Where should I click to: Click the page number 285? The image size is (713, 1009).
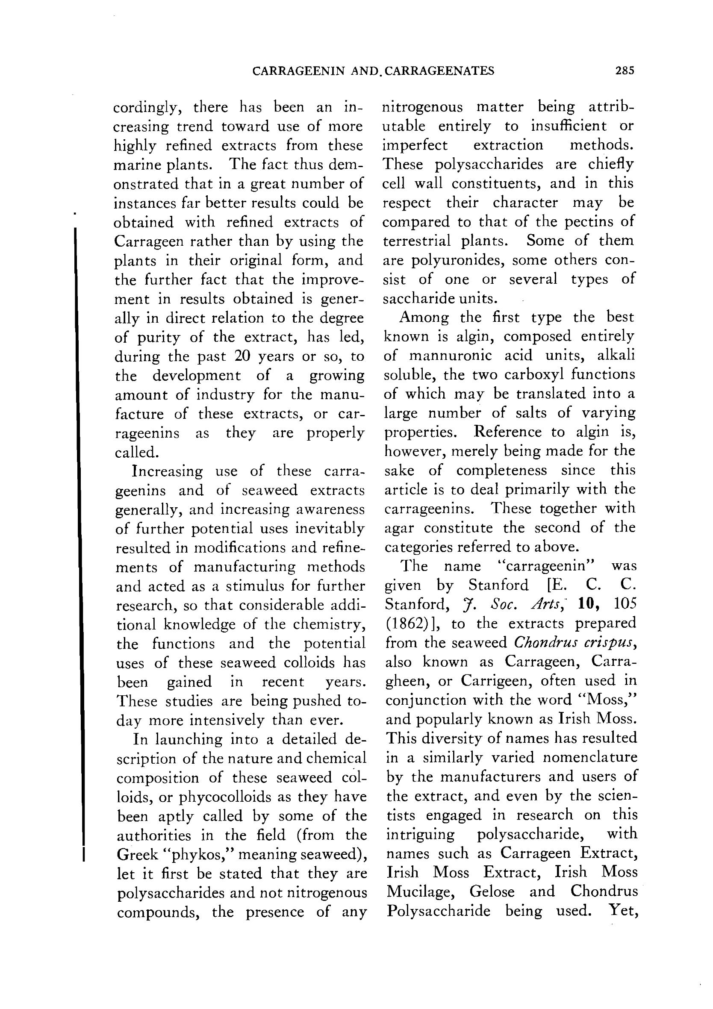pos(625,71)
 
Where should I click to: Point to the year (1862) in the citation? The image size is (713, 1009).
pos(403,623)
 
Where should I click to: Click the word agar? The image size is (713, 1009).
pos(399,527)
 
